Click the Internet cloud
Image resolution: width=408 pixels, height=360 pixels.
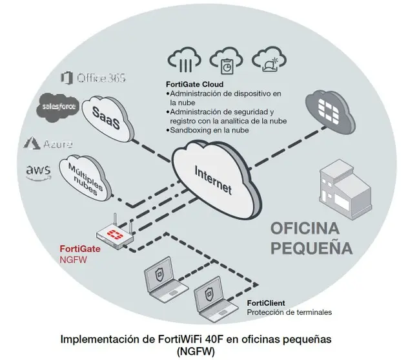pos(212,175)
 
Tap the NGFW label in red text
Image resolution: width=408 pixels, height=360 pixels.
pos(72,259)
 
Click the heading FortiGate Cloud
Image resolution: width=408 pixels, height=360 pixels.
pos(195,85)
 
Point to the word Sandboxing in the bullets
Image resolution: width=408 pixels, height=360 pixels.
pos(190,130)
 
